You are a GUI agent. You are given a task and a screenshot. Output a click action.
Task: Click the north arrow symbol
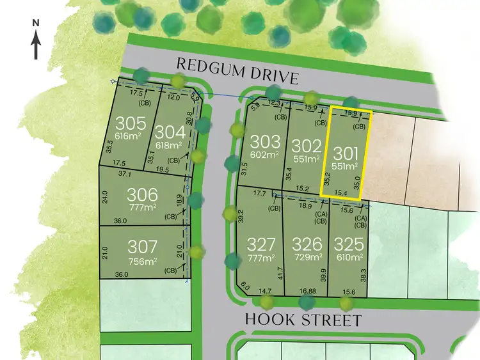pyautogui.click(x=36, y=42)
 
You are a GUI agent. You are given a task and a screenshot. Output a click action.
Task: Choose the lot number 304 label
pyautogui.click(x=171, y=132)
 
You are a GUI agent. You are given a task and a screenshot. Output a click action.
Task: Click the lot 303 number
pyautogui.click(x=265, y=141)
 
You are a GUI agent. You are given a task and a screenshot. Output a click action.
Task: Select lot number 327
pyautogui.click(x=261, y=244)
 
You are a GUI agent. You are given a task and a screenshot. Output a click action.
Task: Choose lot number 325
pyautogui.click(x=348, y=244)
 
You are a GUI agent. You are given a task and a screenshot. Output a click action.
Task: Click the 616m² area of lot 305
pyautogui.click(x=128, y=136)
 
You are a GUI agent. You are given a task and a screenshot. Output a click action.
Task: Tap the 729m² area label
pyautogui.click(x=307, y=258)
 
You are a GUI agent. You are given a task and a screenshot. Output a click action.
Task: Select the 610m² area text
pyautogui.click(x=348, y=258)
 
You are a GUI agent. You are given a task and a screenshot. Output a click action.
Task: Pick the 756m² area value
pyautogui.click(x=141, y=261)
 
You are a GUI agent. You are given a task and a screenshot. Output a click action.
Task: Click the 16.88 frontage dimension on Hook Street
pyautogui.click(x=308, y=291)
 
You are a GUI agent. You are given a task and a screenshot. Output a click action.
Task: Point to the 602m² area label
pyautogui.click(x=265, y=154)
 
